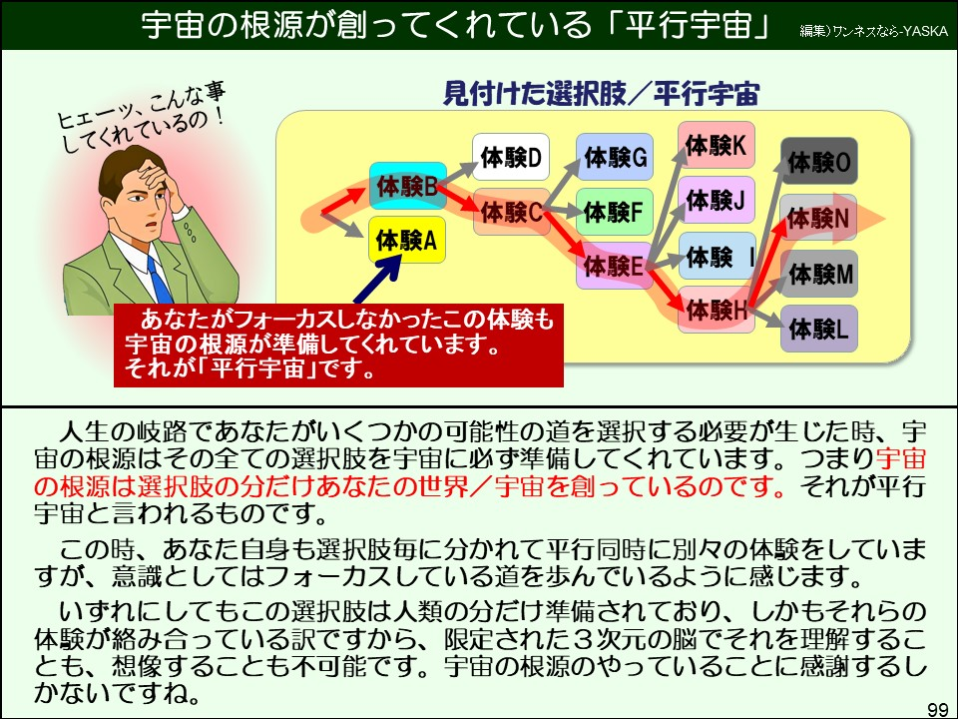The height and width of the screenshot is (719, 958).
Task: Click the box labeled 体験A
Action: click(x=406, y=240)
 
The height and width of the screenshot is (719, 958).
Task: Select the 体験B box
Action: click(x=407, y=186)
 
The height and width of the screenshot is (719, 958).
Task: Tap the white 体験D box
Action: click(x=510, y=157)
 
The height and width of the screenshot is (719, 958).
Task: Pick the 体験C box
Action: click(x=510, y=212)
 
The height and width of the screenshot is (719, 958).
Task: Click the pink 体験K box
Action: click(x=716, y=146)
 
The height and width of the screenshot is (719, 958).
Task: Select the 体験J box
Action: click(x=716, y=201)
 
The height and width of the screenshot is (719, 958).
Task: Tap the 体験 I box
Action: click(x=716, y=257)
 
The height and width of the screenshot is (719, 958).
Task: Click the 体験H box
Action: click(x=716, y=312)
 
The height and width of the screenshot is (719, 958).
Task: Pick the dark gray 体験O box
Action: click(x=818, y=161)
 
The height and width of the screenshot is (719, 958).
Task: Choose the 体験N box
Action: click(x=818, y=218)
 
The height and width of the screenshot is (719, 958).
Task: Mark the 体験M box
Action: click(x=818, y=273)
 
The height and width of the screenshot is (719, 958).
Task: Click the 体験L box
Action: click(x=818, y=329)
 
